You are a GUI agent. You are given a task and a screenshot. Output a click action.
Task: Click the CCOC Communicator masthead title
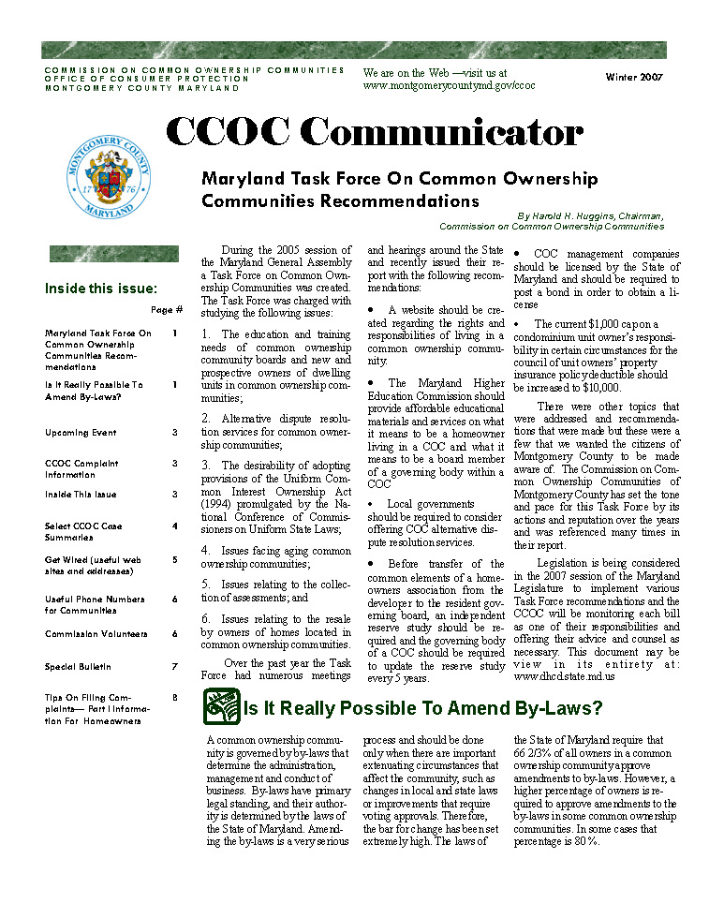tap(374, 133)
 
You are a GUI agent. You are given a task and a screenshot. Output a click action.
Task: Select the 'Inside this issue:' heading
tap(101, 289)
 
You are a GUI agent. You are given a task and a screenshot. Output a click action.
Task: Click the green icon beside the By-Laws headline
tap(220, 707)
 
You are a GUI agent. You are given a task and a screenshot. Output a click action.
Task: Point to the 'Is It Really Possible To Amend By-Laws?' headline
tap(422, 709)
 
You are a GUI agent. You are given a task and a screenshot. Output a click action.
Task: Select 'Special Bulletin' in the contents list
tap(78, 667)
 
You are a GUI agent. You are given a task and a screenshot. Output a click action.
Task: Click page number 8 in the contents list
tap(174, 697)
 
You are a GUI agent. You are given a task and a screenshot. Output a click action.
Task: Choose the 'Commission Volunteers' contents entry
tap(96, 634)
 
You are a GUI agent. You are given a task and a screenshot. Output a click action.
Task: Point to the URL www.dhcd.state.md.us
tap(565, 675)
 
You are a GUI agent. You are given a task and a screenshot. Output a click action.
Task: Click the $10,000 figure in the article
tap(597, 387)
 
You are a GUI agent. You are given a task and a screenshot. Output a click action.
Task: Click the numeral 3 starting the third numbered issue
tap(205, 465)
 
